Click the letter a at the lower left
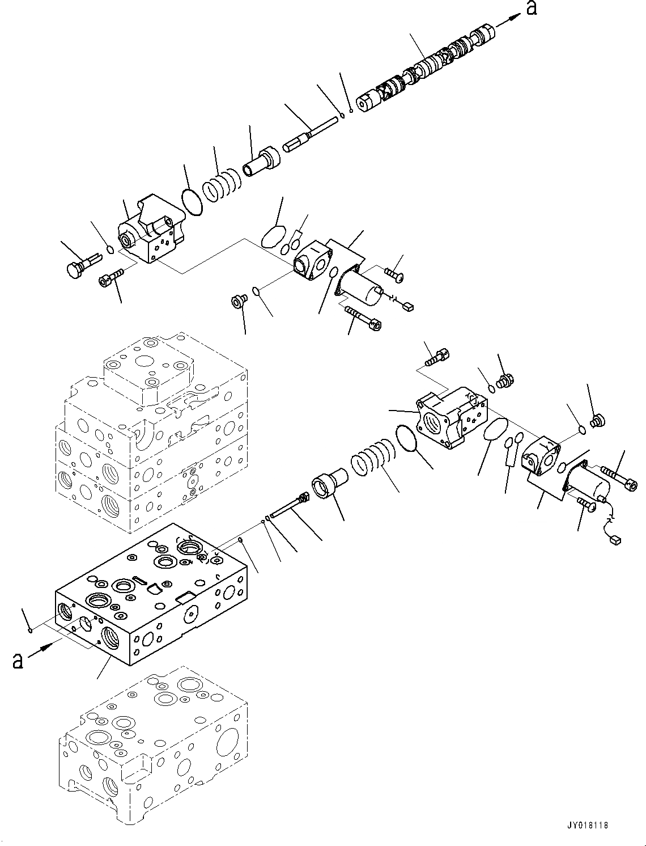[x=18, y=661]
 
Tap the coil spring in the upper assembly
[x=222, y=184]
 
